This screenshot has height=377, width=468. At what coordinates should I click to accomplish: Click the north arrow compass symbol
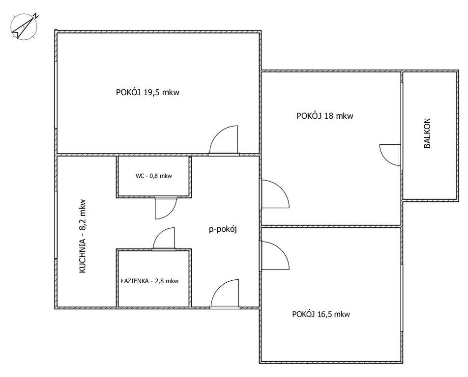tap(24, 26)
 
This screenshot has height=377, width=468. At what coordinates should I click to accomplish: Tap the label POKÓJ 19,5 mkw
tap(148, 92)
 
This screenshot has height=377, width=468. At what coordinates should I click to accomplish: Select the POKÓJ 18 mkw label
tap(325, 116)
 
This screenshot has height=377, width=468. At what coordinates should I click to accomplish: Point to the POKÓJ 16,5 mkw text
tap(321, 315)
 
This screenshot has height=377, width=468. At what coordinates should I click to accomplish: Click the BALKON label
tap(427, 134)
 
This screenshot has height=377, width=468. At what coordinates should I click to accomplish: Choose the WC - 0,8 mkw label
tap(154, 176)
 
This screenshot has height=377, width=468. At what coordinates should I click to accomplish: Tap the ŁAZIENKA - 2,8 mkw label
tap(150, 281)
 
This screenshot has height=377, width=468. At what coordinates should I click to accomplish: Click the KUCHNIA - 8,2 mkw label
tap(83, 236)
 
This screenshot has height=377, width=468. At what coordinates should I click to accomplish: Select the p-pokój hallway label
tap(223, 229)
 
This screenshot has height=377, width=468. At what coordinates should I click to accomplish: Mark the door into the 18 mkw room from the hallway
tap(275, 194)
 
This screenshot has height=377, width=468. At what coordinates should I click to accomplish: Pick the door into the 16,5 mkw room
tap(275, 256)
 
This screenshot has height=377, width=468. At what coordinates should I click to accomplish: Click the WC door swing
tap(166, 208)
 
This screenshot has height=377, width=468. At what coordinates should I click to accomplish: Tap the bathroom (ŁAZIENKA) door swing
tap(164, 239)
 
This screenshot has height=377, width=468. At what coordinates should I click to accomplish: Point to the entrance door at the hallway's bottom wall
tap(225, 293)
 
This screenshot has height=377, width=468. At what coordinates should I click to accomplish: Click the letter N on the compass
tap(36, 16)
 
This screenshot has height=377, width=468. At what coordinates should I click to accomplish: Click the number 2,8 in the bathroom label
tap(160, 281)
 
